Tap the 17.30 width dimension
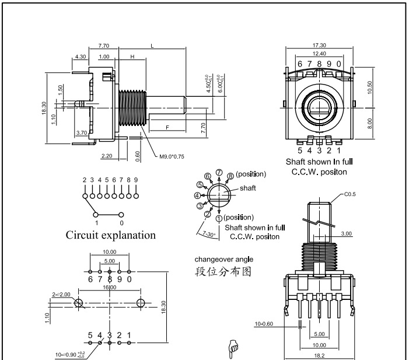pos(319,45)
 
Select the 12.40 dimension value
pos(319,54)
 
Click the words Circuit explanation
pos(110,235)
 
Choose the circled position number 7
pos(219,172)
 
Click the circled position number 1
pos(219,218)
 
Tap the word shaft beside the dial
pos(248,188)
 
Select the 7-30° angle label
pos(206,233)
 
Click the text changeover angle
pos(224,259)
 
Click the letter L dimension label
pos(152,46)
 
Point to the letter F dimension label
pos(167,127)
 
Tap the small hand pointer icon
pos(232,348)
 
